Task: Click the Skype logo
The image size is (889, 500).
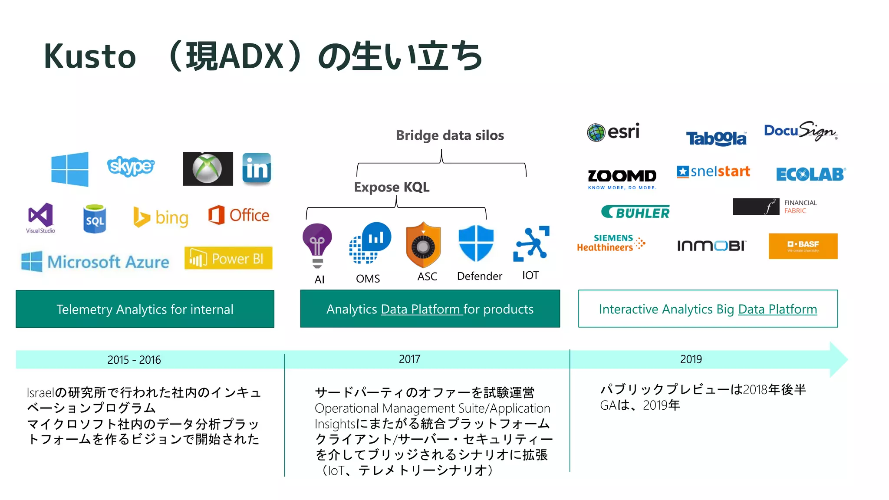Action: point(130,166)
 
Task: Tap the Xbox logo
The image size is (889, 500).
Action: point(207,169)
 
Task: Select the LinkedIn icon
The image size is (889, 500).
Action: point(257,168)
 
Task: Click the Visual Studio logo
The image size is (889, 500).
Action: point(40,217)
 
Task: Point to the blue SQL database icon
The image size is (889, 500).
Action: point(95,219)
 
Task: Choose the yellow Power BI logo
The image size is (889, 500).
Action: point(228,258)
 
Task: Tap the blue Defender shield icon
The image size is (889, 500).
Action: point(476,243)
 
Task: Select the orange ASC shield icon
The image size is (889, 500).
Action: point(423,245)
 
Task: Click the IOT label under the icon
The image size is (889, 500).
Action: point(530,276)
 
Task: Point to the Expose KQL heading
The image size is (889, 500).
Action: point(392,187)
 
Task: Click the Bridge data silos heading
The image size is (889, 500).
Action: point(450,135)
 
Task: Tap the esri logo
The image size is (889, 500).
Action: point(613,132)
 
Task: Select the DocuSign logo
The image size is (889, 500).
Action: point(800,131)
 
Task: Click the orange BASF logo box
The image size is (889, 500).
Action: point(803,246)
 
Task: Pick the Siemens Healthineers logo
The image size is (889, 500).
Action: point(610,243)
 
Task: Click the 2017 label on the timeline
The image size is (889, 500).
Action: point(409,359)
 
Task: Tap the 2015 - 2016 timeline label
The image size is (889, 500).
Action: point(134,360)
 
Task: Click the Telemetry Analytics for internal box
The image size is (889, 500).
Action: point(145,309)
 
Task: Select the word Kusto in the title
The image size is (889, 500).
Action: point(90,57)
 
